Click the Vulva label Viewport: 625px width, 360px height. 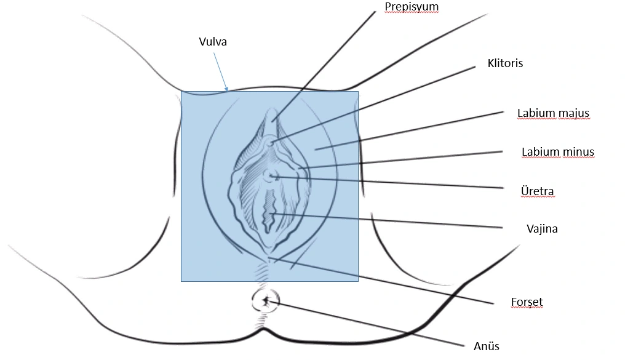click(x=213, y=42)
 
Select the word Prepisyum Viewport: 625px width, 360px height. click(x=412, y=7)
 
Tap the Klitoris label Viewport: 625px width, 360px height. click(x=505, y=63)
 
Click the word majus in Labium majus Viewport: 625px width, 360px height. click(x=575, y=113)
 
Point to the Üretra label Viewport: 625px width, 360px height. click(x=537, y=191)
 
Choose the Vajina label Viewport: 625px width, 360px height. click(x=542, y=228)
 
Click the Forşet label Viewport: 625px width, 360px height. click(x=527, y=302)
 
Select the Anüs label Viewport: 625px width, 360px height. click(x=486, y=346)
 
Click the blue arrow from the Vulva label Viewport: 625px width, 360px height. click(x=220, y=71)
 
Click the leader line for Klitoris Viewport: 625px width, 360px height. click(x=375, y=103)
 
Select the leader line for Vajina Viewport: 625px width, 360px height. click(x=394, y=221)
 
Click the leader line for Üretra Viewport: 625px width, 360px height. click(x=394, y=183)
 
